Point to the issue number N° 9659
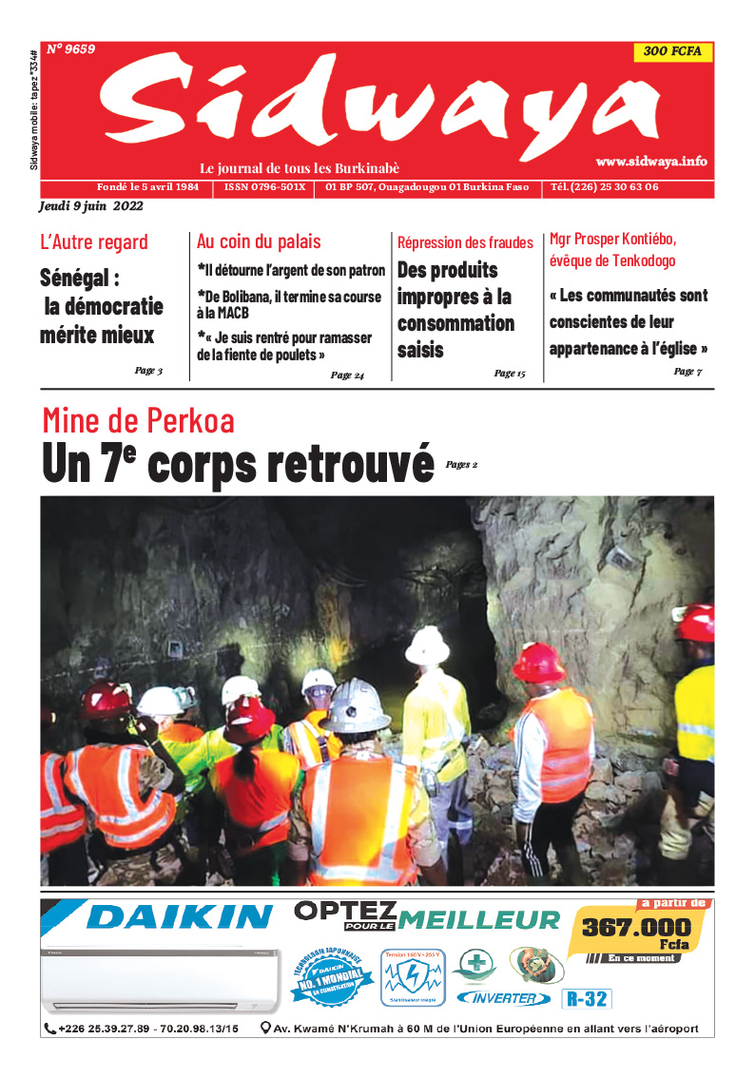70,48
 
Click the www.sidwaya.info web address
651,163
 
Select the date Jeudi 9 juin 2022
90,206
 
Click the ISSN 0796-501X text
264,187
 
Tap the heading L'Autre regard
94,241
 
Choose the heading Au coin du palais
259,241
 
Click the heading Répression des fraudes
465,242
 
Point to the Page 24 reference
347,375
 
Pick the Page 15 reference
510,374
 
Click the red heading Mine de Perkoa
138,420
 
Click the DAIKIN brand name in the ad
179,916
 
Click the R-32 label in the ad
587,999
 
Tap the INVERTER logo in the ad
503,998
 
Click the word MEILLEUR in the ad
480,919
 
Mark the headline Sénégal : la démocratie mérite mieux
101,306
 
